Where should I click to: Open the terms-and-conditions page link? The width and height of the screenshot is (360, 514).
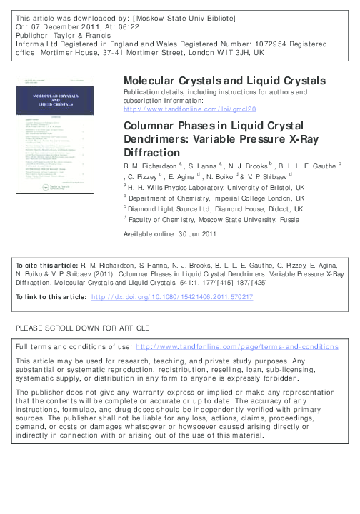[236, 346]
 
